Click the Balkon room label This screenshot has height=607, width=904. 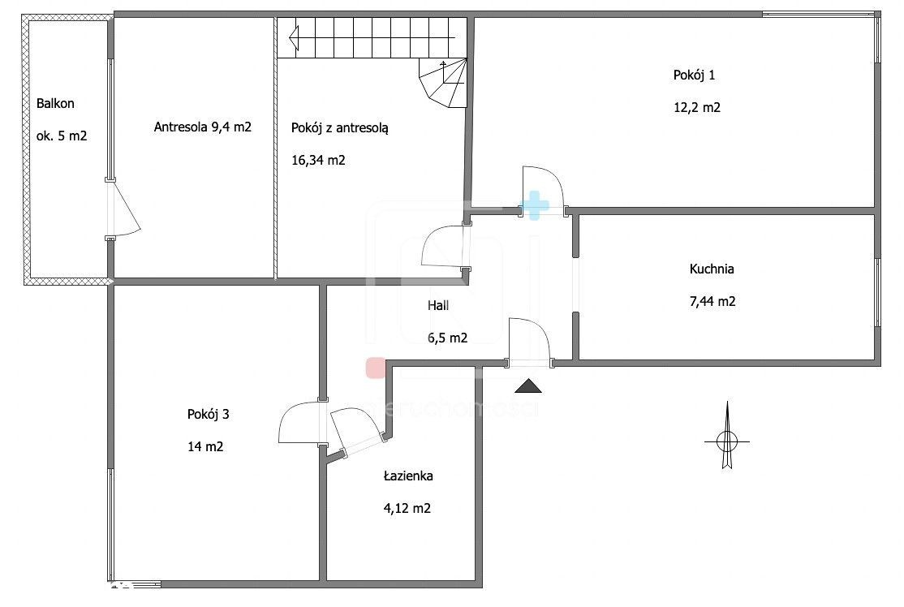point(55,104)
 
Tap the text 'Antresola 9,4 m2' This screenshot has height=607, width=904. point(202,127)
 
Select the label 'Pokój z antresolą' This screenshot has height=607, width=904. point(339,128)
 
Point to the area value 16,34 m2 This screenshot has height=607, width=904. point(318,160)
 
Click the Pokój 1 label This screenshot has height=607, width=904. point(694,75)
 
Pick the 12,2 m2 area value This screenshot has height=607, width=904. point(697,108)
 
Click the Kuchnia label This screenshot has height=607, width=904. point(712,269)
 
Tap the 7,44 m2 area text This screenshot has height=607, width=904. point(712,302)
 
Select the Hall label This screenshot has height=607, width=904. point(438,305)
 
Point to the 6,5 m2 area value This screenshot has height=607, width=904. point(447,338)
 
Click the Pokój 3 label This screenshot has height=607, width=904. point(208,414)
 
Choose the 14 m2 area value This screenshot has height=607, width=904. point(205,446)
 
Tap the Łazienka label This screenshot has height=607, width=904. point(408,476)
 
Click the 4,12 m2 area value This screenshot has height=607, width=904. point(407,509)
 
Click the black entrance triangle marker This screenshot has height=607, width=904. point(528,387)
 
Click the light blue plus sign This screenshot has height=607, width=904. point(535,206)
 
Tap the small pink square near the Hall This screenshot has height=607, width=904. point(376,367)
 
